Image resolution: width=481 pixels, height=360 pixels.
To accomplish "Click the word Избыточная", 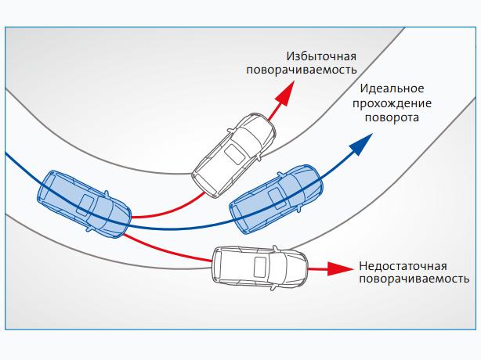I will pyautogui.click(x=322, y=56).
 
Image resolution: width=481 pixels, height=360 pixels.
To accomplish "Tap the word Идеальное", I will pyautogui.click(x=393, y=88).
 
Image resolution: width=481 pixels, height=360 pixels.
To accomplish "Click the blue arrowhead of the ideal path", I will pyautogui.click(x=362, y=142).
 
